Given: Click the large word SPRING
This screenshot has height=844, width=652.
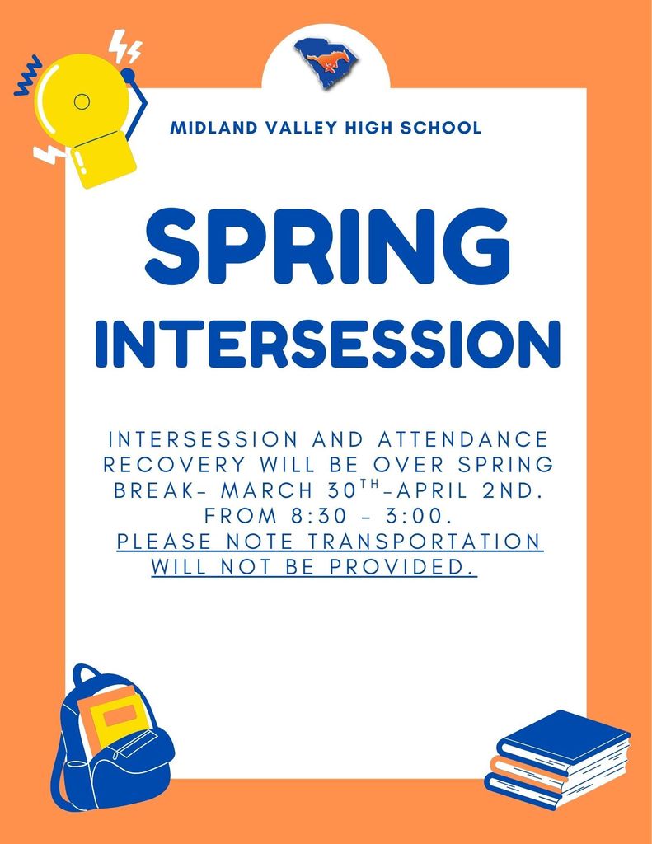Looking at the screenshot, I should (x=326, y=245).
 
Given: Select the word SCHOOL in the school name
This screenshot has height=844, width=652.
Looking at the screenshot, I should (x=440, y=129).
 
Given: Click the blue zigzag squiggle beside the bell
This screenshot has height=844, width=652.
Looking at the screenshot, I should (x=27, y=77).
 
